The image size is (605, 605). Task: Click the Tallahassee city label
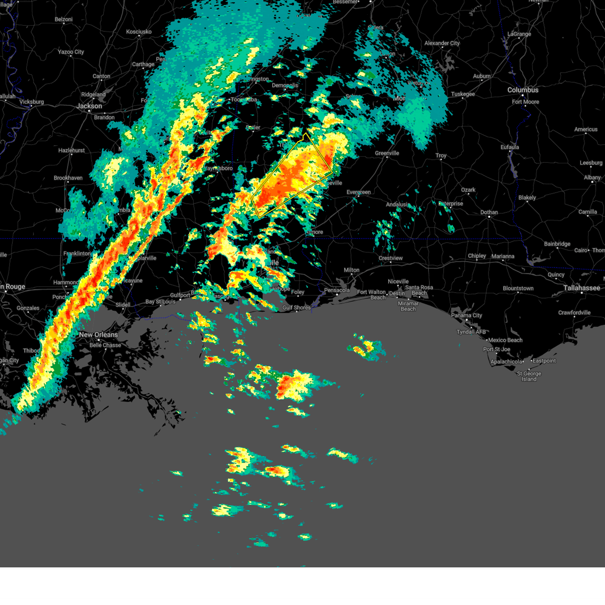click(x=582, y=288)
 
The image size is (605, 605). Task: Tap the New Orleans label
click(x=98, y=335)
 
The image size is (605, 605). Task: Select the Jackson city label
click(x=89, y=106)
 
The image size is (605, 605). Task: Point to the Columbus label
click(x=523, y=90)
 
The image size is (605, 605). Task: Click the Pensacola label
click(x=337, y=290)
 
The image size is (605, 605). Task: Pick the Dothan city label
click(x=489, y=212)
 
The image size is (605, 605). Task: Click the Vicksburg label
click(x=31, y=102)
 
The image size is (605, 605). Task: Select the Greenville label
click(x=387, y=153)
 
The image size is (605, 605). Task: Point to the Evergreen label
click(x=358, y=192)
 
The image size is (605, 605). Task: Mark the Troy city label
click(x=441, y=156)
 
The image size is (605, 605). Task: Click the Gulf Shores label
click(x=296, y=308)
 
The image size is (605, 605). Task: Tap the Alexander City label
click(x=442, y=43)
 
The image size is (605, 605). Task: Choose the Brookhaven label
click(x=68, y=178)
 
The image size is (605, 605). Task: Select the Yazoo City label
click(x=71, y=52)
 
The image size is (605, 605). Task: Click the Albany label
click(x=592, y=177)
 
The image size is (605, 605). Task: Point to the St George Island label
click(x=529, y=376)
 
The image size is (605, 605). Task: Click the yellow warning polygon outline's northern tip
click(x=305, y=134)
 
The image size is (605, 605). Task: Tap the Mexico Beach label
click(x=505, y=340)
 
